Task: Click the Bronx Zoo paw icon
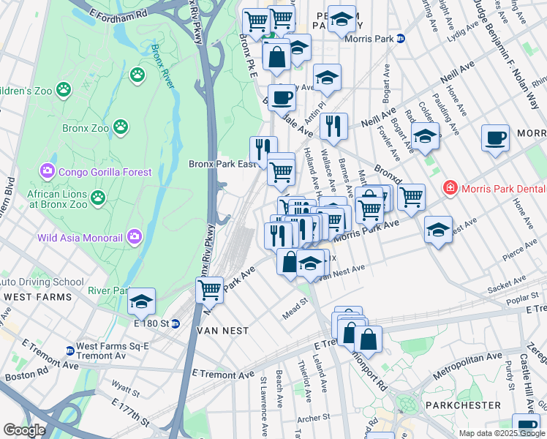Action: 121,128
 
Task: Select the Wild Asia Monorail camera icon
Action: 134,236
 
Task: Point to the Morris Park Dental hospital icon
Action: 452,188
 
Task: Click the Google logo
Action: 23,429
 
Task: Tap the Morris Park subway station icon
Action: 401,39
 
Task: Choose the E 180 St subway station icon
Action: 176,323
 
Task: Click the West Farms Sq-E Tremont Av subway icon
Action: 69,350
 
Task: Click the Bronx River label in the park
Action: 165,66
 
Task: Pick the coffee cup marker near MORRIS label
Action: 495,138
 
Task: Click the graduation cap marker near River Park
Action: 141,301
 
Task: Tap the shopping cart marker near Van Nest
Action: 210,290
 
